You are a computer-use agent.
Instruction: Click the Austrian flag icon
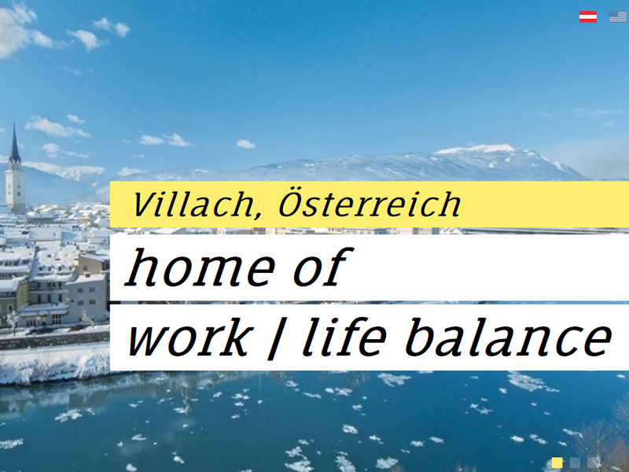[588, 17]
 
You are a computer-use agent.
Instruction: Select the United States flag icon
[617, 17]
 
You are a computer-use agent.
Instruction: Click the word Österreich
[369, 204]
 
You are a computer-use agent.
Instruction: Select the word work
[187, 337]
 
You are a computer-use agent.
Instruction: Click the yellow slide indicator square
[557, 463]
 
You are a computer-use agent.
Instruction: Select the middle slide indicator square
[576, 463]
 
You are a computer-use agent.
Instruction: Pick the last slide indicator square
[594, 463]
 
